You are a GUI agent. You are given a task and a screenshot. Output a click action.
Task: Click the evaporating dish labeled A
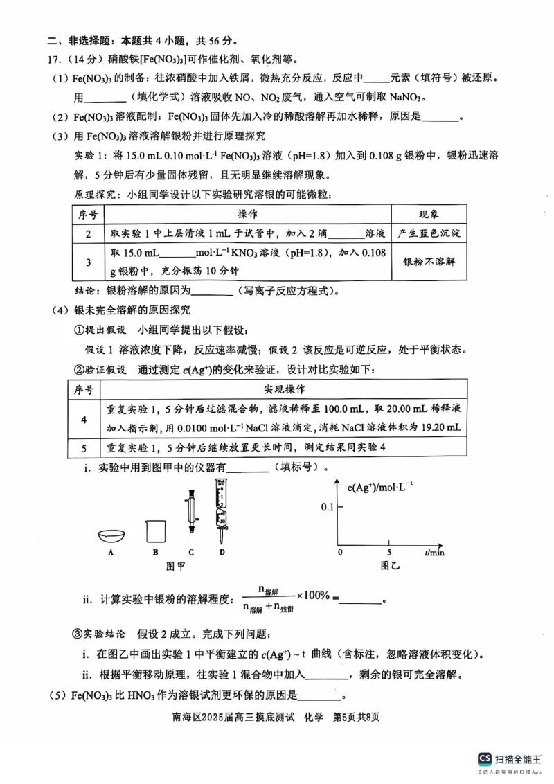coord(111,535)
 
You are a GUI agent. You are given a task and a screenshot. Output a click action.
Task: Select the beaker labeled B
coord(155,531)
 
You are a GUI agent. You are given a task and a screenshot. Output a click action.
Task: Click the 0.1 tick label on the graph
coord(327,508)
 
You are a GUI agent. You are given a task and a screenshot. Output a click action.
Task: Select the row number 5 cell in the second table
coord(84,447)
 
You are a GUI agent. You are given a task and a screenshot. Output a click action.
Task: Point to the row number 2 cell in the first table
coord(89,234)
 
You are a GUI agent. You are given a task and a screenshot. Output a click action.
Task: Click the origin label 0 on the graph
coord(339,553)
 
